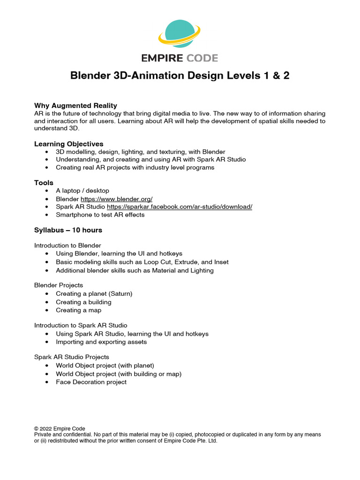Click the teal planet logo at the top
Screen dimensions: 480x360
click(x=180, y=35)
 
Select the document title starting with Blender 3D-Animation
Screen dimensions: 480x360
click(x=180, y=75)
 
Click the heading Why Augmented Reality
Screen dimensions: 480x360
click(x=75, y=105)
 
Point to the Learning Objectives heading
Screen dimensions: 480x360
click(x=69, y=144)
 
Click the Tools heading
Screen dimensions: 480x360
click(x=44, y=182)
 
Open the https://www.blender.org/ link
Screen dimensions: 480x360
click(x=117, y=199)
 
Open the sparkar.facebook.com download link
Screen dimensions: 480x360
click(x=180, y=207)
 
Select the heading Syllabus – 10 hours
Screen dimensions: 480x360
click(x=68, y=230)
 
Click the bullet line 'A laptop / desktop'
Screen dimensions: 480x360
click(x=82, y=191)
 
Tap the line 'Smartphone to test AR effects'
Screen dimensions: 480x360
click(x=100, y=215)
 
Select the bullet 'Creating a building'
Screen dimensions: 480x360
click(x=83, y=302)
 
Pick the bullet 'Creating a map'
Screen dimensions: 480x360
click(x=78, y=310)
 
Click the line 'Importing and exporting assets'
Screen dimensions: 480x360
click(x=101, y=342)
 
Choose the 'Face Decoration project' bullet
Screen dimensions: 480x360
click(x=91, y=382)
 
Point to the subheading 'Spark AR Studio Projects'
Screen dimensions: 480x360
click(x=72, y=357)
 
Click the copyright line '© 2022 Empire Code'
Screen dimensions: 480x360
click(x=60, y=428)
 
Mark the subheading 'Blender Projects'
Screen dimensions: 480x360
click(x=59, y=285)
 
